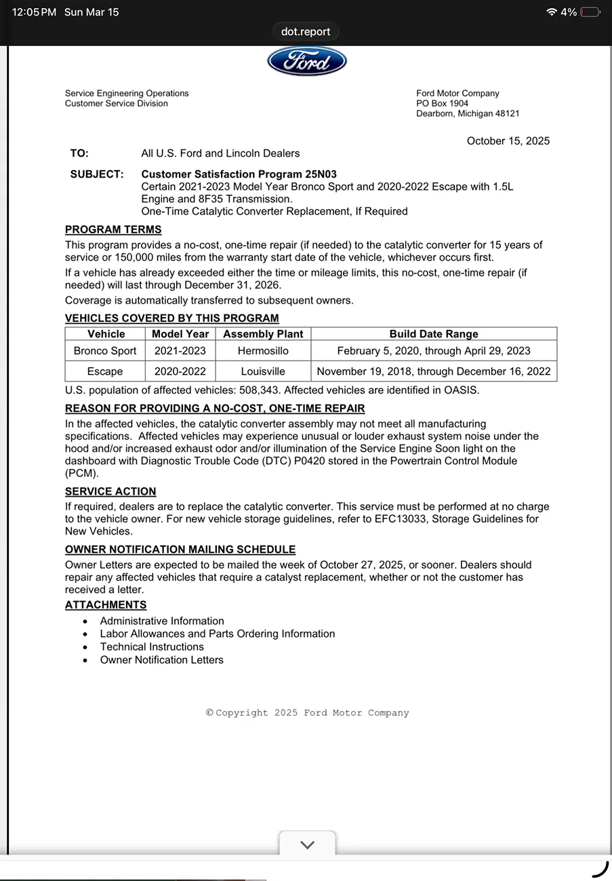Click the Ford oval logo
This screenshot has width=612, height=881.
point(307,62)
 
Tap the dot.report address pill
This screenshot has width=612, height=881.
point(306,32)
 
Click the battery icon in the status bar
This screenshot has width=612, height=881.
point(590,12)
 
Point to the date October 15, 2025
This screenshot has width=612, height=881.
point(508,141)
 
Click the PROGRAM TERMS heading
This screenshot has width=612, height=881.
point(113,230)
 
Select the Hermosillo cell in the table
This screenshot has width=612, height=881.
point(263,351)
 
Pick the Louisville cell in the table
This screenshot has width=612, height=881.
point(263,371)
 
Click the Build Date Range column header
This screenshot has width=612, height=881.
point(434,334)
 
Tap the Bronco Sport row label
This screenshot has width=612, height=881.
point(105,351)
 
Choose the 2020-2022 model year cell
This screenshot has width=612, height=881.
point(180,371)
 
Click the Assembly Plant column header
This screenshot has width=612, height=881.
point(263,334)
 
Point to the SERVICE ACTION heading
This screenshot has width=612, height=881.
point(110,491)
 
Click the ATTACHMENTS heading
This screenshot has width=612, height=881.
point(106,605)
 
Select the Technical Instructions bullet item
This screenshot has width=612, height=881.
point(152,647)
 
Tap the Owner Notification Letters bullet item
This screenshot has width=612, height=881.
point(161,659)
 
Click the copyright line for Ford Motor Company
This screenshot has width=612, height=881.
point(308,713)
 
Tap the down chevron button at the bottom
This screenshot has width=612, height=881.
point(307,844)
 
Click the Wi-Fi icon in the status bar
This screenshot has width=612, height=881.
point(552,12)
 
